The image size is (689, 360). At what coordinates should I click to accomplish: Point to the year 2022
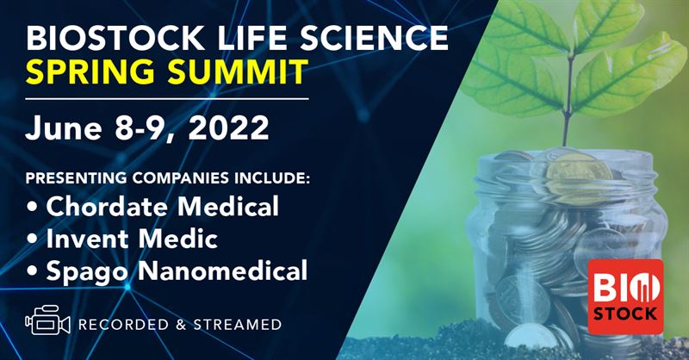pos(228,128)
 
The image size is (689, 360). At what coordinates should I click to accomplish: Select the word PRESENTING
pos(77,178)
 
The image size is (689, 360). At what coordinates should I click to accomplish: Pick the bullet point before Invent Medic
pos(33,239)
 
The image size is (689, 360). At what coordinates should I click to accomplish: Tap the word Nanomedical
pos(222,270)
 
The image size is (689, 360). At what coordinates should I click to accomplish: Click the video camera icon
pos(47,320)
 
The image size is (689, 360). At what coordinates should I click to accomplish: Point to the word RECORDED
pos(123,325)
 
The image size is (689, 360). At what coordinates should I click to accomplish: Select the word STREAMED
pos(238,325)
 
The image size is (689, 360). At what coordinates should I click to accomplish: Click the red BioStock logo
pos(625,297)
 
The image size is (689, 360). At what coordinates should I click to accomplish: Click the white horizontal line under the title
pos(167,99)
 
